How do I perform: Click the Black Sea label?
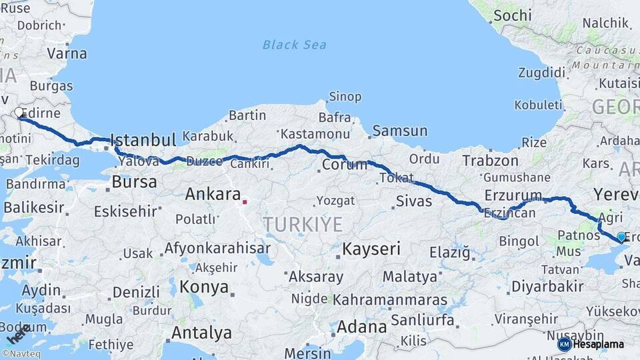(x=294, y=45)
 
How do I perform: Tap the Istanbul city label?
(x=143, y=140)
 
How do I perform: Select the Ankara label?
(x=213, y=195)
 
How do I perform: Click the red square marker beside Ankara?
(x=245, y=201)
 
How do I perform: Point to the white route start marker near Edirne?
(x=19, y=113)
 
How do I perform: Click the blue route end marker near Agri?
(x=621, y=237)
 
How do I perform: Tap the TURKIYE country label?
(x=303, y=225)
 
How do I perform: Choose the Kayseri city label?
(x=371, y=249)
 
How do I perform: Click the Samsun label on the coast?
(x=400, y=131)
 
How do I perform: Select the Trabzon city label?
(x=490, y=161)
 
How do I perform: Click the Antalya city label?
(x=201, y=333)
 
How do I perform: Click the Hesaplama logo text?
(x=599, y=344)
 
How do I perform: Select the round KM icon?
(x=564, y=344)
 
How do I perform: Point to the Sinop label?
(x=345, y=97)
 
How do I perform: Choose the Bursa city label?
(x=134, y=181)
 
